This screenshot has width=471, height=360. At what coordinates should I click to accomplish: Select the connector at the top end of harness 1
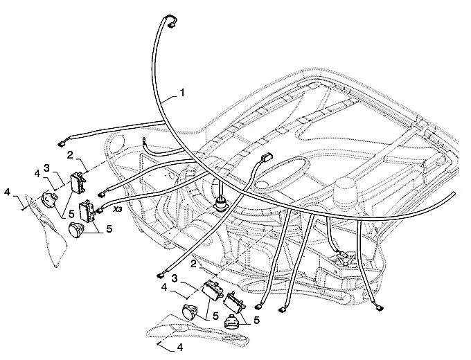tap(168, 22)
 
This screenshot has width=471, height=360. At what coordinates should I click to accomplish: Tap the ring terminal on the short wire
tap(145, 143)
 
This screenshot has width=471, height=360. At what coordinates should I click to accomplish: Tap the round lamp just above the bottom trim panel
tap(188, 312)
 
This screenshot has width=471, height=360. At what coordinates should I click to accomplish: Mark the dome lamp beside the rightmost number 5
tap(235, 323)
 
